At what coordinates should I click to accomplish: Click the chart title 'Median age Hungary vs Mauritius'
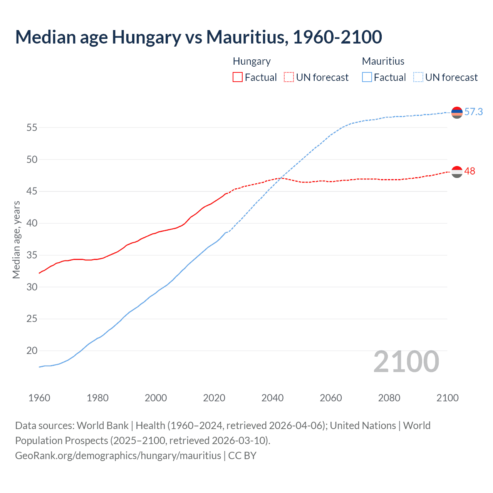(198, 37)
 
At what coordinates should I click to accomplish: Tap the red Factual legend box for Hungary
(238, 77)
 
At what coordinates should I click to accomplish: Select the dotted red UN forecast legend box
(289, 77)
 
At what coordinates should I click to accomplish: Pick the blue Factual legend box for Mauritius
(367, 77)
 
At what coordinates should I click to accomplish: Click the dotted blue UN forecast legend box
(418, 77)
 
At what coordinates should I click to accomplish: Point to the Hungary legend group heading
(252, 61)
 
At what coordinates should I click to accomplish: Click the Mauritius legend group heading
(383, 61)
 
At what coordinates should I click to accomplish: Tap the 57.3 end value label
(473, 112)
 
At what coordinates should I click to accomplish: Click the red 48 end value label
(470, 171)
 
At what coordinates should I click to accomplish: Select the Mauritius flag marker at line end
(457, 112)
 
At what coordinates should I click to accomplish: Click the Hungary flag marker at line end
(457, 172)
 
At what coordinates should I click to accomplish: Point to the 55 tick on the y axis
(32, 127)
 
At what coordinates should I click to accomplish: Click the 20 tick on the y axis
(32, 351)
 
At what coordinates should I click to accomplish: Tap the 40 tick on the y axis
(32, 223)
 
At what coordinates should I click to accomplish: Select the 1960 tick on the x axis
(39, 398)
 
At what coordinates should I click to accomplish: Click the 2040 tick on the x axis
(272, 398)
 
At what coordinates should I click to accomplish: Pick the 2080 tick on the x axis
(389, 398)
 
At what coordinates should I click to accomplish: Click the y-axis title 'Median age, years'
(16, 240)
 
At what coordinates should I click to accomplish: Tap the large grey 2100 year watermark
(406, 362)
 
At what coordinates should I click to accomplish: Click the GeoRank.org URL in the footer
(118, 456)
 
